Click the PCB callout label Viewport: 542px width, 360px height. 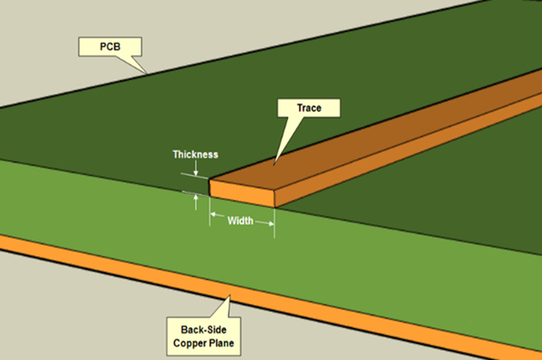click(110, 47)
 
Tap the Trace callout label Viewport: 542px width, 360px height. click(309, 108)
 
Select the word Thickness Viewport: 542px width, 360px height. click(196, 154)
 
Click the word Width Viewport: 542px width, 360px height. click(241, 220)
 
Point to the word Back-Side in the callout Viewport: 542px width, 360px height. click(203, 330)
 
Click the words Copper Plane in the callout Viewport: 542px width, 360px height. click(203, 343)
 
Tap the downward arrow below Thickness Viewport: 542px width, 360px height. click(196, 169)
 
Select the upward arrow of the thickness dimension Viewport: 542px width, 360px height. click(196, 202)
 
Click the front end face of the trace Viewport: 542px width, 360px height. click(242, 194)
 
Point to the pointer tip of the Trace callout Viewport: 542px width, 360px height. click(274, 164)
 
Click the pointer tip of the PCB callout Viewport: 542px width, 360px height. click(147, 74)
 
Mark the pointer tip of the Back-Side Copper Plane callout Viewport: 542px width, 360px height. click(230, 296)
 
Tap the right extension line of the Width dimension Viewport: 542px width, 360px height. click(274, 223)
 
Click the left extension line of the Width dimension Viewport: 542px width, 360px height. click(209, 211)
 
